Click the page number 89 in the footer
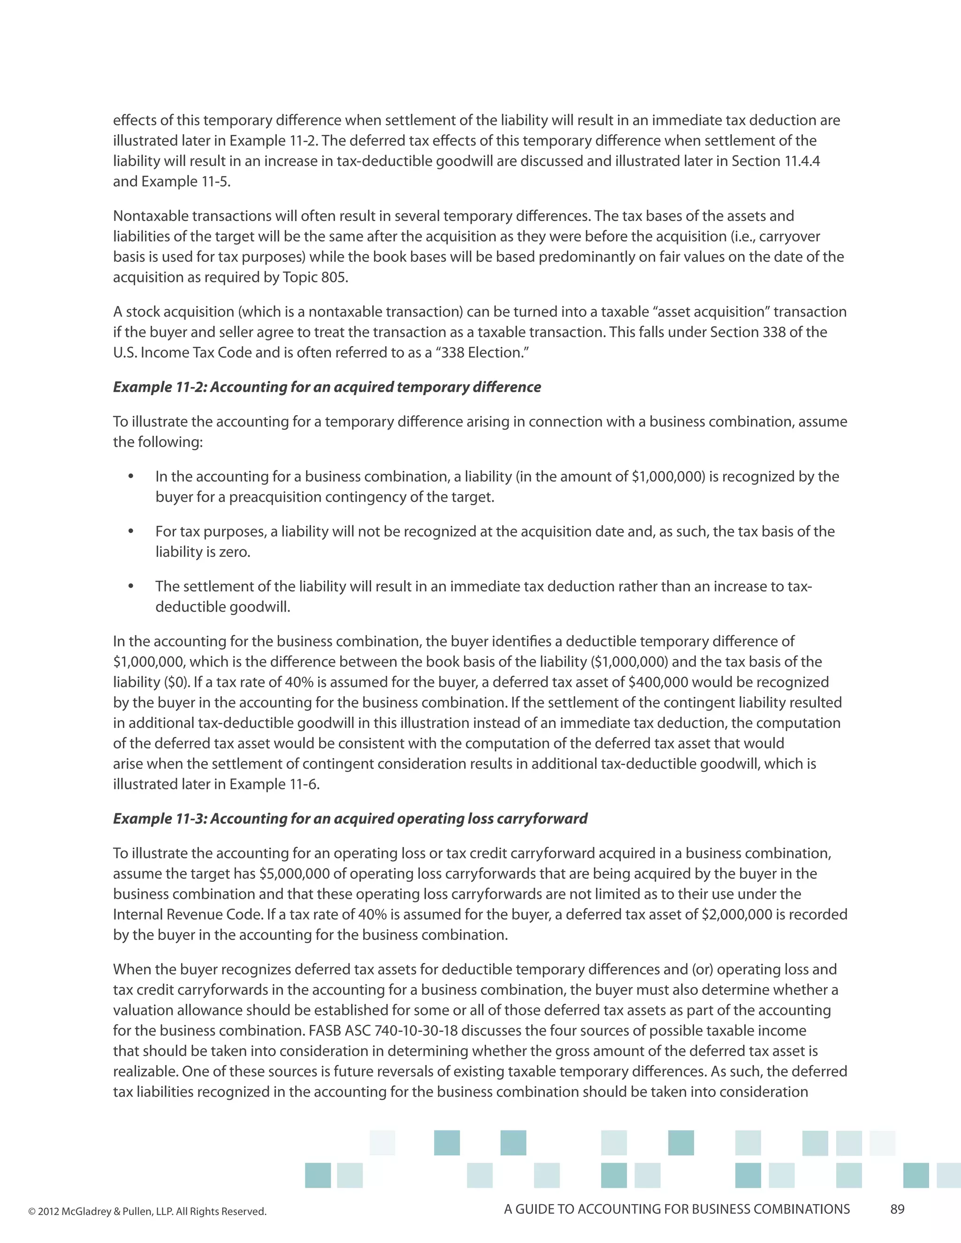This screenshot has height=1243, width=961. tap(897, 1209)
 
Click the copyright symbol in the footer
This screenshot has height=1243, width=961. tap(31, 1212)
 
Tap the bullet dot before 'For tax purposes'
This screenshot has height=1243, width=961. tap(131, 531)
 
